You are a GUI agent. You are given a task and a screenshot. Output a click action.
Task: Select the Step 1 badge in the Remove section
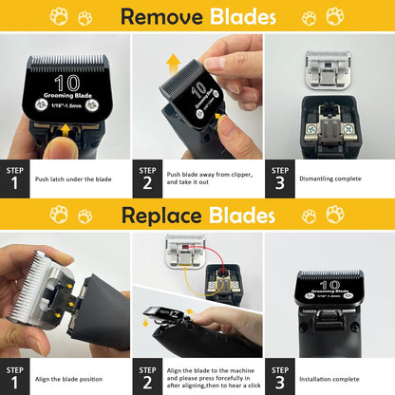[x=14, y=177]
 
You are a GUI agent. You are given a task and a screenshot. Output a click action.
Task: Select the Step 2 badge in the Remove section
[x=147, y=177]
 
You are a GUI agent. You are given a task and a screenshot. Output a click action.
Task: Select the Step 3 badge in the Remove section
[x=279, y=177]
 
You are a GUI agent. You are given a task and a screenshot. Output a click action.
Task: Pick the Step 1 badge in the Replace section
[x=14, y=374]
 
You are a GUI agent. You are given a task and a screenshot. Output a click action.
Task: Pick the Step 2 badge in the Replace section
[x=147, y=374]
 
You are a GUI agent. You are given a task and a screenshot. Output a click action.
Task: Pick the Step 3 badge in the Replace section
[x=279, y=374]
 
